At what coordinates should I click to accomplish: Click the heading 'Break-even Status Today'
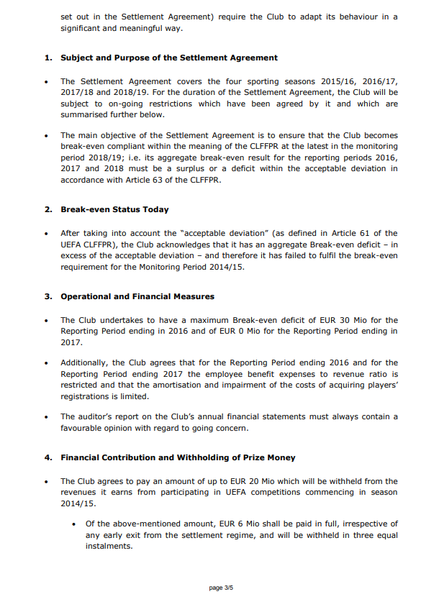click(x=114, y=209)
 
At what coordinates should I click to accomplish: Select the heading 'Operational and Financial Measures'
click(x=137, y=296)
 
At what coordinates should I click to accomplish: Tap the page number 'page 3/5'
click(x=221, y=588)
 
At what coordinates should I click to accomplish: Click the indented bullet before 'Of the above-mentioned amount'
click(x=74, y=524)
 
